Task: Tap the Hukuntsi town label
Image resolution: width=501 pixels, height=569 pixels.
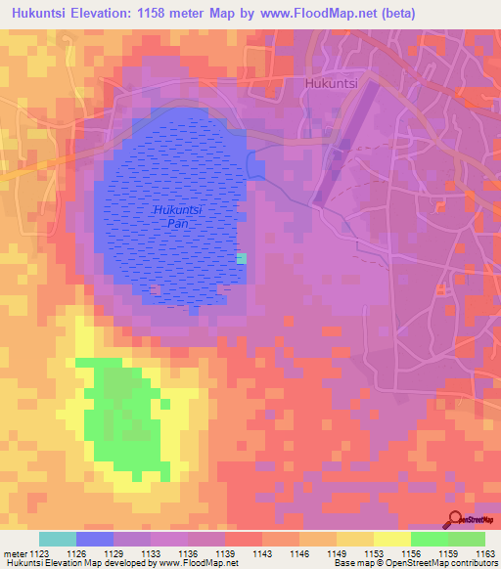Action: tap(332, 84)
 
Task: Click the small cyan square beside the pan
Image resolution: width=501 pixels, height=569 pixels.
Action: tap(242, 258)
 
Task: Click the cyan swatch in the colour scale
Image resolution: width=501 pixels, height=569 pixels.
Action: tap(58, 539)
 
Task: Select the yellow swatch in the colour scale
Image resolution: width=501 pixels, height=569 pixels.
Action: tap(391, 539)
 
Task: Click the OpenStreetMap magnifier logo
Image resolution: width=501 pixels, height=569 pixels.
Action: tap(454, 520)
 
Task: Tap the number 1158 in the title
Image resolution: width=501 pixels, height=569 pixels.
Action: tap(183, 14)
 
